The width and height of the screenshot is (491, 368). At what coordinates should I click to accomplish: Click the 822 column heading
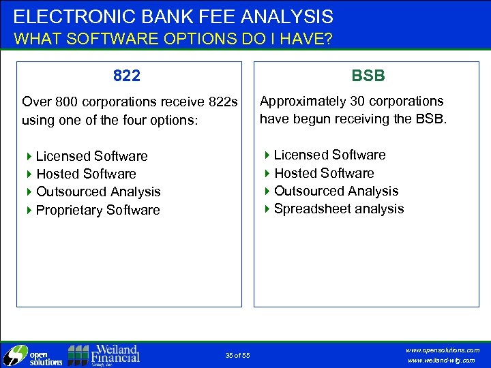(x=127, y=76)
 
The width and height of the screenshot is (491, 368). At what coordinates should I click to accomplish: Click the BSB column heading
(x=368, y=76)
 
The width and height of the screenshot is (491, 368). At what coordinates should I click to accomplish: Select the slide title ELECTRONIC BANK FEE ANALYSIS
(x=173, y=16)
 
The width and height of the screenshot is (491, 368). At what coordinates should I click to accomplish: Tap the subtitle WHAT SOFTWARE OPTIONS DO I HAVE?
(x=173, y=39)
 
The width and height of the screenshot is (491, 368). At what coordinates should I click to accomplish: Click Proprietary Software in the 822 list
(x=98, y=210)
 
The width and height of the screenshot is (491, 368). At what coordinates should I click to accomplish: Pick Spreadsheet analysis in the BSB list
(x=338, y=209)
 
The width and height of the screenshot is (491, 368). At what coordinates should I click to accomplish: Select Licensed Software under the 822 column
(x=91, y=156)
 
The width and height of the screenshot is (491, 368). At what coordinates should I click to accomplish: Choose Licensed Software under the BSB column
(x=329, y=155)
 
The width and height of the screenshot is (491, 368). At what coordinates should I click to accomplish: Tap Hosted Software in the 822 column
(x=86, y=174)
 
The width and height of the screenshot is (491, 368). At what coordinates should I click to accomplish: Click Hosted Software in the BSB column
(x=324, y=173)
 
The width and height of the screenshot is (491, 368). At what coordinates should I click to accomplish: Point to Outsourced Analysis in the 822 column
(x=98, y=191)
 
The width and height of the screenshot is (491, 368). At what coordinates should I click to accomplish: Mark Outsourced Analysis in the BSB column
(x=336, y=191)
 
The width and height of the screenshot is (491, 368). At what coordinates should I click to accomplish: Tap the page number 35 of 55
(x=237, y=355)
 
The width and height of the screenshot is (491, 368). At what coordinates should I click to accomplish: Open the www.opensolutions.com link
(x=442, y=350)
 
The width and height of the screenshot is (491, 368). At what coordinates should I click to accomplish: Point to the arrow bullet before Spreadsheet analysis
(x=267, y=209)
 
